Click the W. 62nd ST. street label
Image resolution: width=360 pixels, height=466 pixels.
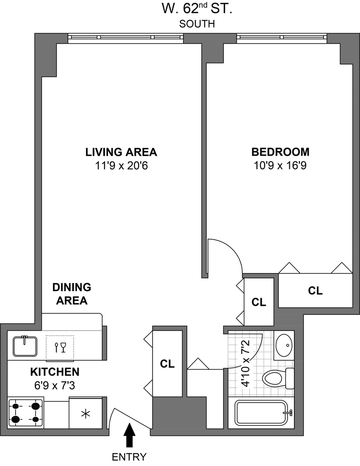[197, 9]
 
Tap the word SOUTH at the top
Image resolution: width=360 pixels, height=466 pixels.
[197, 24]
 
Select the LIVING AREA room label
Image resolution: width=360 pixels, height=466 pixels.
[121, 152]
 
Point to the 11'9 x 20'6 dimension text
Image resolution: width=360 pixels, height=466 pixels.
[121, 166]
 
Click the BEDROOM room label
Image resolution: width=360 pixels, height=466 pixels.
[280, 152]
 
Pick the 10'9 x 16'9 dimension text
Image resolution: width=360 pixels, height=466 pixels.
[280, 165]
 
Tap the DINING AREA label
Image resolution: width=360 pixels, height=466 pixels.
[72, 294]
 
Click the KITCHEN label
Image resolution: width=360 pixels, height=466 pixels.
[55, 372]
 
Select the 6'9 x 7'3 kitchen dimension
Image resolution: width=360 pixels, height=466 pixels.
[55, 385]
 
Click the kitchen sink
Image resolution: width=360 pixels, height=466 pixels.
[25, 346]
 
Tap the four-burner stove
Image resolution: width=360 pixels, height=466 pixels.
[26, 413]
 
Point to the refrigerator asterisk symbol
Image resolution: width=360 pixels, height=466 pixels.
[85, 414]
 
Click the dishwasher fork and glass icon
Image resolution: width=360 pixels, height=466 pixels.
[60, 347]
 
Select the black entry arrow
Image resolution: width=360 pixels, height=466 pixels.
[129, 435]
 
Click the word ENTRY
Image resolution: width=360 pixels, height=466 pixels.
[129, 457]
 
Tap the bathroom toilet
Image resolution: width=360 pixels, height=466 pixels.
[278, 378]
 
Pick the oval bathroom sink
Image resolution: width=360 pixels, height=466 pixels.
[284, 345]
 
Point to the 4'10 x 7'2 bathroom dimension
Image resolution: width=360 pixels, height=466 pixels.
[246, 363]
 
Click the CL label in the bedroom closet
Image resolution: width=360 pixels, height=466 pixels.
[315, 291]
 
